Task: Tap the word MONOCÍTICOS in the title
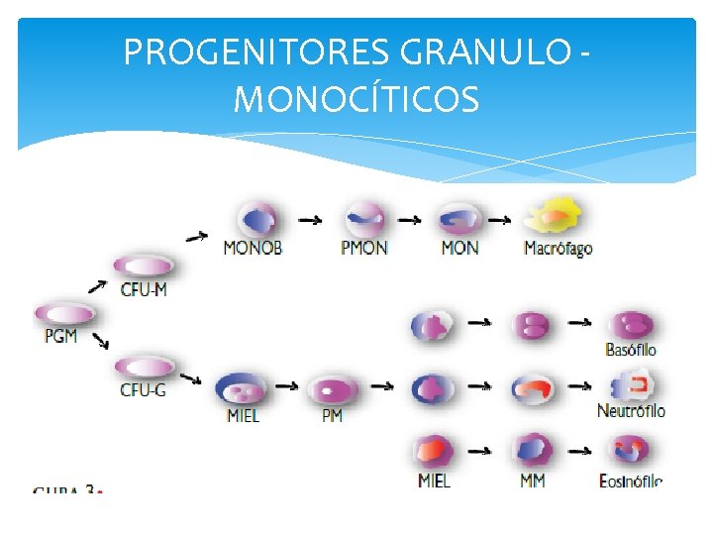coord(356,99)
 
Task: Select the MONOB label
coord(253,248)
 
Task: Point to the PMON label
coord(364,248)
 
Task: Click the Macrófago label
coord(558,248)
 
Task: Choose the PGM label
coord(60,337)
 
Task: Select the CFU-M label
coord(144,289)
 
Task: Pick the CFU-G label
coord(144,389)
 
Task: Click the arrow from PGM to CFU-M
coord(98,286)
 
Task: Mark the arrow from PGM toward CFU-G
coord(100,342)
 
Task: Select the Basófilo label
coord(631,349)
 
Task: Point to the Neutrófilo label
coord(631,410)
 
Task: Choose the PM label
coord(332,415)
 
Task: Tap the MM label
coord(532,481)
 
